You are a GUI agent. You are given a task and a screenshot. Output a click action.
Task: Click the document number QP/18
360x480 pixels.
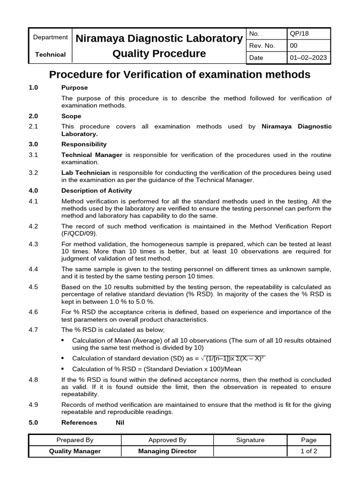click(x=300, y=34)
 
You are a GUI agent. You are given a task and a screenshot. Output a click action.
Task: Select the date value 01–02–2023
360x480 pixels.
click(x=309, y=58)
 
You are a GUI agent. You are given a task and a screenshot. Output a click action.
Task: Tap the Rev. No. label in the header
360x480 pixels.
click(x=262, y=46)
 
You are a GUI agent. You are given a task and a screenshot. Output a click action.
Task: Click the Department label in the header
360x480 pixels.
click(x=50, y=37)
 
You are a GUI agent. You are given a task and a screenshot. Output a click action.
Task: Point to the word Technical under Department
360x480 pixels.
click(x=50, y=54)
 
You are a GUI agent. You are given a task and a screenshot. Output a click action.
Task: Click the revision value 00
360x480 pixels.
click(x=294, y=46)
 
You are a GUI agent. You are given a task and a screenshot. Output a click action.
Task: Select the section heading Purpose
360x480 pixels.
click(x=75, y=88)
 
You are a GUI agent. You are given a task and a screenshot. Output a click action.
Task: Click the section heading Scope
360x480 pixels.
click(x=71, y=116)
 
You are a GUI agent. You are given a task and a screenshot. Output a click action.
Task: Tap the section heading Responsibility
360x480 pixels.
click(x=84, y=144)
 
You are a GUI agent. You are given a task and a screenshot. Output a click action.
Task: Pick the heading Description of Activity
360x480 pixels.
click(x=97, y=190)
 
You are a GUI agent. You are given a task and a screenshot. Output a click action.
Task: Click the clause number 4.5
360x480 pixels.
click(x=33, y=286)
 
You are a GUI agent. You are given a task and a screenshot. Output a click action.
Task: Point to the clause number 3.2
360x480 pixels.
click(x=33, y=172)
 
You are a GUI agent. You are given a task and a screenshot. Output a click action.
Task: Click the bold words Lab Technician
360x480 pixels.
click(x=85, y=172)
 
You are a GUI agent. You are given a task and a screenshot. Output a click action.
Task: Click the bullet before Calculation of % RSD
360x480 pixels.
click(x=64, y=369)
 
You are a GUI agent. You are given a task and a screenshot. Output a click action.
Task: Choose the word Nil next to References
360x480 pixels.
click(x=120, y=422)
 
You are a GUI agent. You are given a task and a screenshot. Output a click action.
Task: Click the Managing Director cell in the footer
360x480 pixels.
click(x=167, y=451)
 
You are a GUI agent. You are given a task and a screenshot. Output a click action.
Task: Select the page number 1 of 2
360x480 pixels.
click(x=308, y=451)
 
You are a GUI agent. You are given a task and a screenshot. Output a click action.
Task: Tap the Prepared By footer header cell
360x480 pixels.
click(x=75, y=440)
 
